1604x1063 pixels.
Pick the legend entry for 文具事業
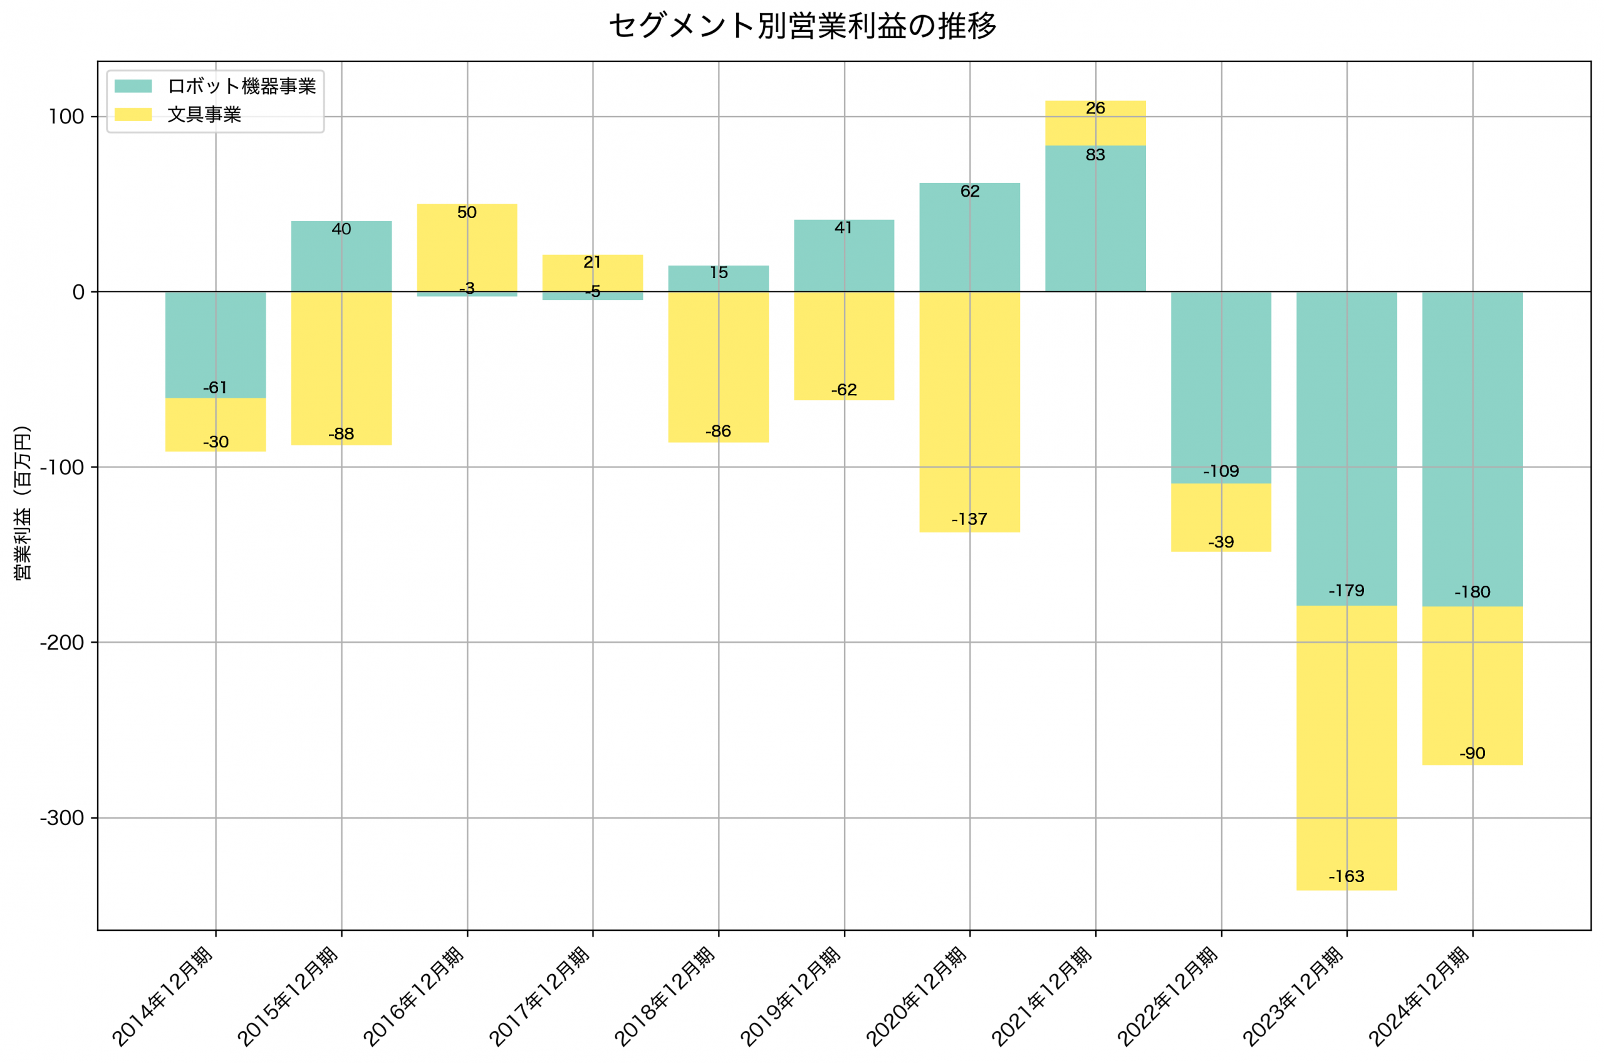click(x=204, y=115)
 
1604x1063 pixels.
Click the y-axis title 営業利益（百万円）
click(x=23, y=502)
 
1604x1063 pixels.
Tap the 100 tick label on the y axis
click(x=65, y=117)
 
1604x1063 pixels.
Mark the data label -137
click(x=969, y=519)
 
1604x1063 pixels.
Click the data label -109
click(x=1221, y=471)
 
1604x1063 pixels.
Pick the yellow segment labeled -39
click(x=1221, y=519)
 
